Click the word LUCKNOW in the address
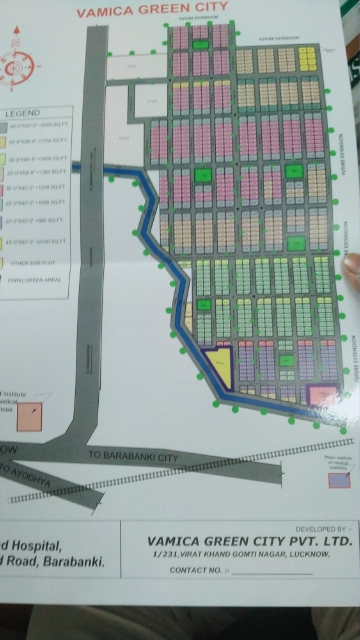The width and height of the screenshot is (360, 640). point(295,555)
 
